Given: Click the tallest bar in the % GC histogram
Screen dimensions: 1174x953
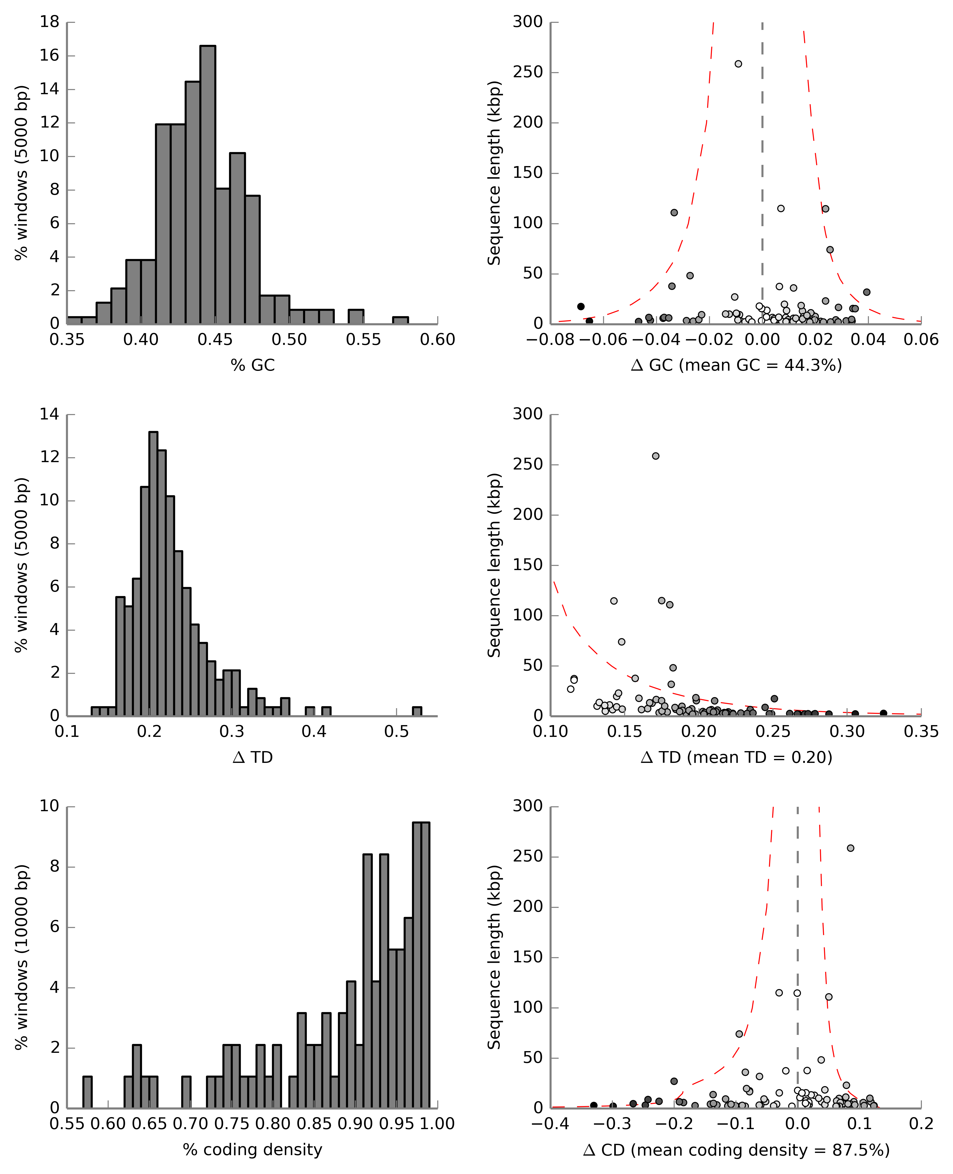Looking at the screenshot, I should click(x=207, y=184).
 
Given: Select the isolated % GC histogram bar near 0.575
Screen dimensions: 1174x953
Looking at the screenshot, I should click(x=400, y=320).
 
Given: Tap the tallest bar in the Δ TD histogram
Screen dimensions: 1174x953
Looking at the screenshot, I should click(x=153, y=574).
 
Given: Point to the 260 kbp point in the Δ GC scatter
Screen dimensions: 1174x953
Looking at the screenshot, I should click(x=738, y=64).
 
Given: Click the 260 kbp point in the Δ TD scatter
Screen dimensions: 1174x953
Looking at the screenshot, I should click(x=656, y=456).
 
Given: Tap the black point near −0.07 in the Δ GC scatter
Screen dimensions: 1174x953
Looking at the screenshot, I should click(x=581, y=306).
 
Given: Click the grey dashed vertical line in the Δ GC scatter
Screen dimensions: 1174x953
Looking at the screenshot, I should click(x=762, y=165).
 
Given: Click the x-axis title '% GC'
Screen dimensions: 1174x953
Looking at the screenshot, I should click(x=253, y=365).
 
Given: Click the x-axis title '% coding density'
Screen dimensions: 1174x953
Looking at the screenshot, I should click(x=253, y=1149).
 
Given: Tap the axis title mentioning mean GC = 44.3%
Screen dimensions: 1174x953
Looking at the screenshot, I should click(x=736, y=365).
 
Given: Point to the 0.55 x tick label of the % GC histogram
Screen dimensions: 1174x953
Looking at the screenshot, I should click(x=363, y=340).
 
